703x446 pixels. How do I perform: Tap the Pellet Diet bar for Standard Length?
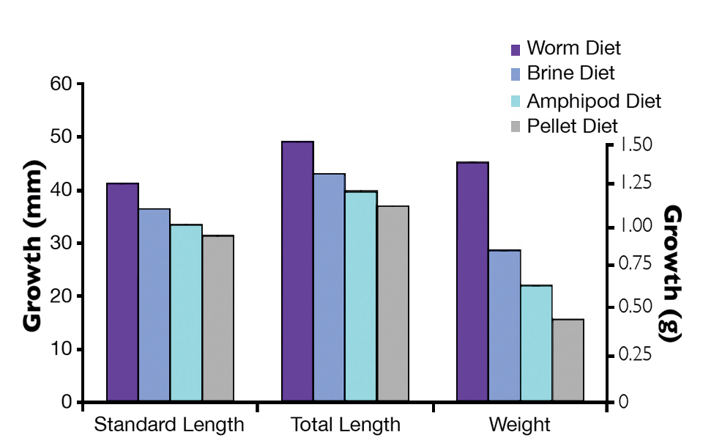tap(218, 318)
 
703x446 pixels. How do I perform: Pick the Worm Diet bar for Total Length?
tap(298, 271)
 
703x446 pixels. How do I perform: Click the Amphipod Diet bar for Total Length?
tap(361, 296)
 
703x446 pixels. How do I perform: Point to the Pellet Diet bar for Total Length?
tap(393, 304)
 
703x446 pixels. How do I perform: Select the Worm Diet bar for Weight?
tap(473, 282)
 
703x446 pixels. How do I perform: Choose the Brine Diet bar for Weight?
tap(505, 326)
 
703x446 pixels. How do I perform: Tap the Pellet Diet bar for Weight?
tap(568, 360)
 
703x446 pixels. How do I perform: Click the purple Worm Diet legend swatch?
tap(516, 50)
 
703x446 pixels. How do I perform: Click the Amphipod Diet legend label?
tap(594, 100)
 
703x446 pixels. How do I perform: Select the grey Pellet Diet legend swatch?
tap(516, 127)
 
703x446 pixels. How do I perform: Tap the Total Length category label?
tap(346, 425)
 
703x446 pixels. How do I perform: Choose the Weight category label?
tap(520, 425)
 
